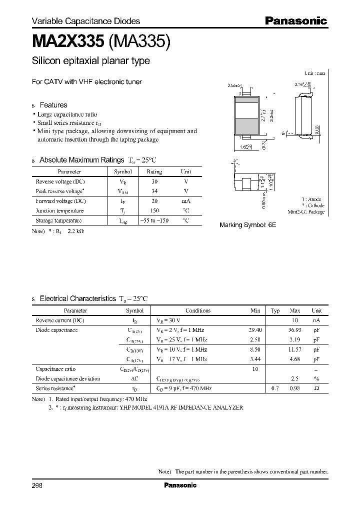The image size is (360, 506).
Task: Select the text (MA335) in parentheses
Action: (x=139, y=41)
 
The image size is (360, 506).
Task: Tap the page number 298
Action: (x=37, y=485)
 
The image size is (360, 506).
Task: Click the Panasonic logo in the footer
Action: (x=180, y=485)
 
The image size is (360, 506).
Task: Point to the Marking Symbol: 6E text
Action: (x=247, y=225)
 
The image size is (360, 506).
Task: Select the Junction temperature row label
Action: (x=59, y=210)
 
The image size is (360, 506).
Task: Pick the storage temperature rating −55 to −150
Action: (x=154, y=220)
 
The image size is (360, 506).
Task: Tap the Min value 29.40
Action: (x=255, y=330)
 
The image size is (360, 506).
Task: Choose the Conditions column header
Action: (x=198, y=310)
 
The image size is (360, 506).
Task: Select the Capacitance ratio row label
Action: (x=55, y=368)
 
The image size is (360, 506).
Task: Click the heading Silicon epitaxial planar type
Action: (x=91, y=61)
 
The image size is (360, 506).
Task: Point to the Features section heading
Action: (x=53, y=105)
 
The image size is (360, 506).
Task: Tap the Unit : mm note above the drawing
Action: (x=314, y=73)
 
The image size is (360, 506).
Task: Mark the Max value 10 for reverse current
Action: (x=295, y=320)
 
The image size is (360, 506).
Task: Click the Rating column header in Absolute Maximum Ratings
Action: (x=154, y=171)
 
